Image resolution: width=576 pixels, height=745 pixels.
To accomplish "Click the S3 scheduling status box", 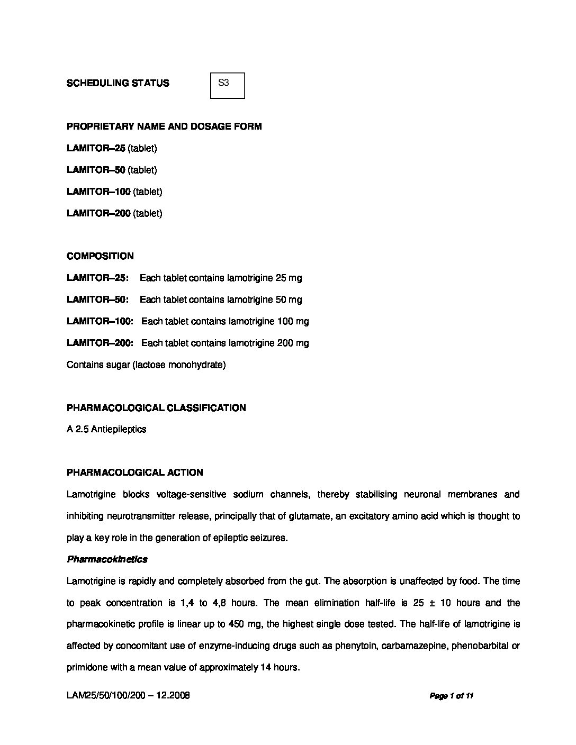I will tap(228, 85).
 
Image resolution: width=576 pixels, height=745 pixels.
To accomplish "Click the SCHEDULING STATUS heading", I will tap(118, 83).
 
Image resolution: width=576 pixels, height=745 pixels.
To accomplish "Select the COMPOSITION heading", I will tap(100, 256).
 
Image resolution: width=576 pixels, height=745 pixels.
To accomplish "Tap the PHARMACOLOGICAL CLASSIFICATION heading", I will tap(156, 408).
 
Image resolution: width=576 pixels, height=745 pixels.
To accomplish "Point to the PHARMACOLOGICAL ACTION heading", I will tap(134, 473).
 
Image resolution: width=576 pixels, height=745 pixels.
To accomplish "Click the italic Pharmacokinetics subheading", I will tap(107, 559).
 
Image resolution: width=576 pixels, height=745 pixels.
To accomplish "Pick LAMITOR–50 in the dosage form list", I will tap(96, 170).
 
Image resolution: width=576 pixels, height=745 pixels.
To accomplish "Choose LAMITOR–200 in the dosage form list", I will tap(98, 213).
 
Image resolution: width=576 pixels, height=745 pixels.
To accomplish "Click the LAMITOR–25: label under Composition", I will tap(97, 278).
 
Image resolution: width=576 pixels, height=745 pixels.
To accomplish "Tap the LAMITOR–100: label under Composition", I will tap(100, 321).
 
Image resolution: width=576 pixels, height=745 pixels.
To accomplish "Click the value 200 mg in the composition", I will tap(293, 343).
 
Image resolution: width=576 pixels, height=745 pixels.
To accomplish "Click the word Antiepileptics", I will tap(119, 429).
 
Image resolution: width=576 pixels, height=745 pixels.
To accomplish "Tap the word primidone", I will tap(86, 667).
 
